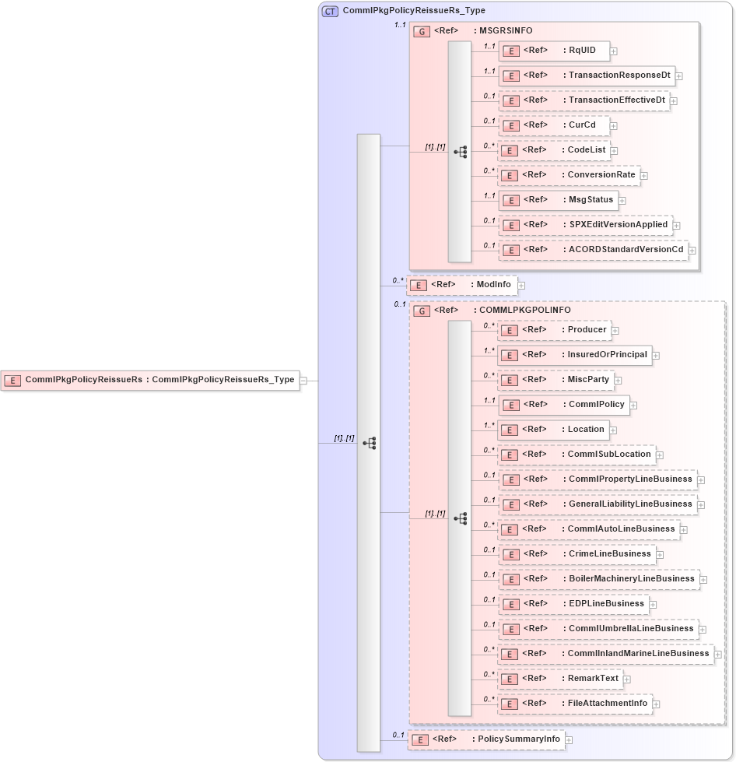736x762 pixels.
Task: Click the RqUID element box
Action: point(553,51)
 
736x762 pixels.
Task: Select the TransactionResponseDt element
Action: point(586,75)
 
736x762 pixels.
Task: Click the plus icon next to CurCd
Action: point(614,125)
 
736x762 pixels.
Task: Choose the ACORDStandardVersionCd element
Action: point(593,250)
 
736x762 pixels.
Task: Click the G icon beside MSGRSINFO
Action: point(421,31)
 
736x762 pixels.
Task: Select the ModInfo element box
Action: point(461,285)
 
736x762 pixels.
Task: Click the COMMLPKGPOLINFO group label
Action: point(524,310)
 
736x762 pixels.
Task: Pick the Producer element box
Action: point(554,330)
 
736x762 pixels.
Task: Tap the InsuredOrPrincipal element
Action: point(574,355)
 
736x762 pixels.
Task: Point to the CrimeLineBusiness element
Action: point(577,554)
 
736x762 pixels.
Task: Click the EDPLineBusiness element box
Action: point(573,604)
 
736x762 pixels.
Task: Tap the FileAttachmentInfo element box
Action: point(575,704)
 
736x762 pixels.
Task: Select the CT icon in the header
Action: point(330,11)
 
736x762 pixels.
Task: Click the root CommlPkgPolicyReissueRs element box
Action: point(150,380)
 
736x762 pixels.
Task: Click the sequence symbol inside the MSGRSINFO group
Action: point(460,151)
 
